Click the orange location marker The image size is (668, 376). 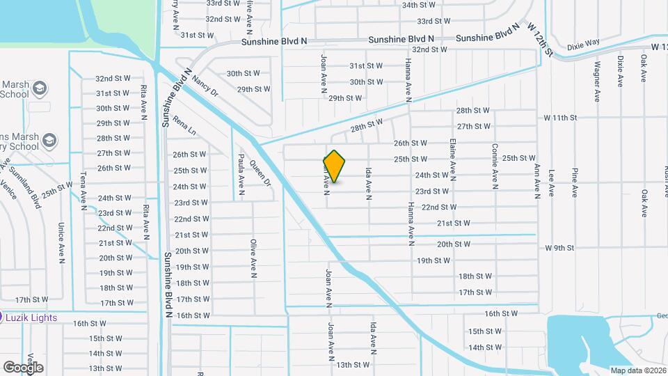tap(335, 166)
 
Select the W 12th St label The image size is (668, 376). tap(539, 39)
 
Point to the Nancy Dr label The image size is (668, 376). tap(205, 87)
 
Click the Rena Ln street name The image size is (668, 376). tap(184, 125)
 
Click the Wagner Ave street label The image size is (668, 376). tap(597, 80)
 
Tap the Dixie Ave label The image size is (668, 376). tap(619, 71)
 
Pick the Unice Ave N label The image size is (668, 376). tap(61, 244)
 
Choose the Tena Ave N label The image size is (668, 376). tap(83, 187)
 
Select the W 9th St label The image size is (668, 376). tap(559, 247)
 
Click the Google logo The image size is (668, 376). tap(23, 367)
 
